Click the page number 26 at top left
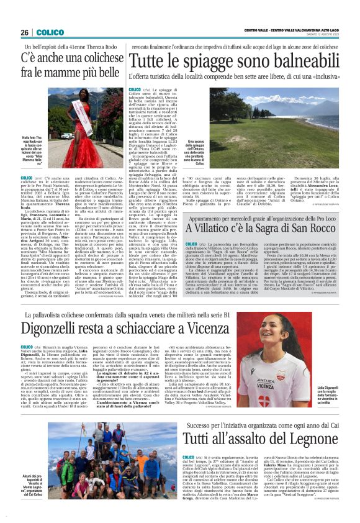click(x=24, y=32)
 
